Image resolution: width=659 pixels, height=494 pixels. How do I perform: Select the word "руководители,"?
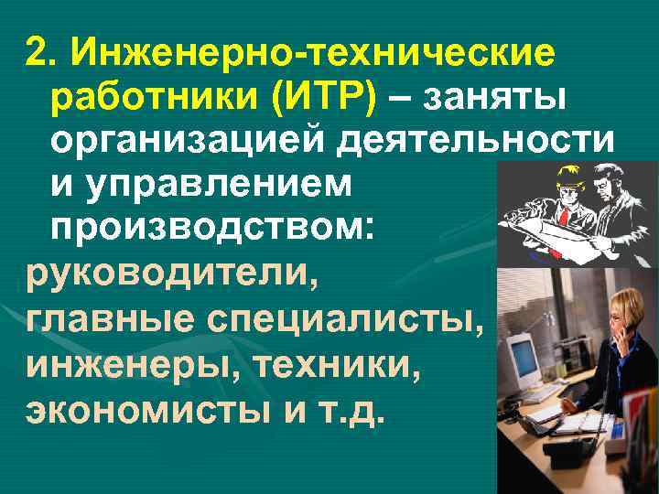(171, 274)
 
